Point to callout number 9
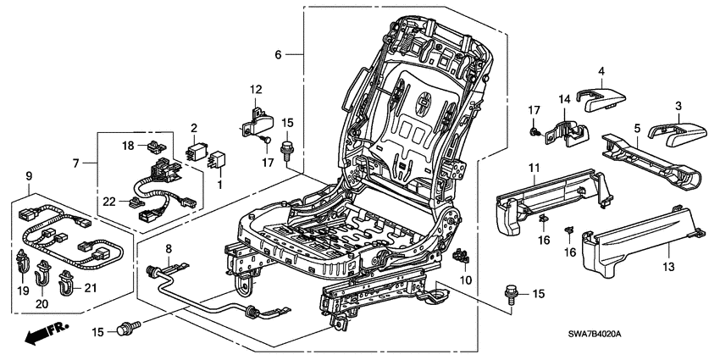tap(29, 177)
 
